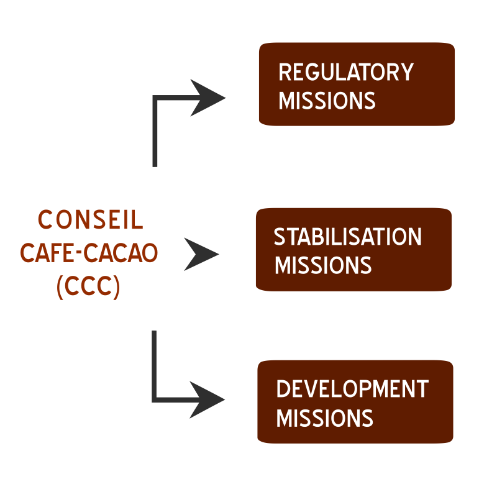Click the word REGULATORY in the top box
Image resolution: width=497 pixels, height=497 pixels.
coord(346,73)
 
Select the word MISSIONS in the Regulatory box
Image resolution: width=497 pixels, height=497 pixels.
coord(327,101)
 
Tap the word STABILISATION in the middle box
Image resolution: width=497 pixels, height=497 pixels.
coord(348,237)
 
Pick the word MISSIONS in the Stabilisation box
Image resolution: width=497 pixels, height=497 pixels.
coord(323,265)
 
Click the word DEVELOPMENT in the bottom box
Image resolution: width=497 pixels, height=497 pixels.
coord(352,390)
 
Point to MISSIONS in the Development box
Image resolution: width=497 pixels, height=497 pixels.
coord(324,417)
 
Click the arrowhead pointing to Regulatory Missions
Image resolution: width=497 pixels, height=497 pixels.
coord(208,98)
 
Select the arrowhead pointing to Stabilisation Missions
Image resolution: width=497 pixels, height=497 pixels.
coord(202,253)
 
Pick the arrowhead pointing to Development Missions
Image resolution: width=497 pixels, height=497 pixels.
coord(208,399)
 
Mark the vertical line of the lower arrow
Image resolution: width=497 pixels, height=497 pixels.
coord(155,363)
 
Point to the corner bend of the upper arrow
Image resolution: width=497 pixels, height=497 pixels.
coord(155,98)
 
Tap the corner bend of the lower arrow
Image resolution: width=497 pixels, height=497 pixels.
coord(155,398)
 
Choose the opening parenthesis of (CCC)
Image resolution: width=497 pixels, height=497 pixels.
coord(60,288)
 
